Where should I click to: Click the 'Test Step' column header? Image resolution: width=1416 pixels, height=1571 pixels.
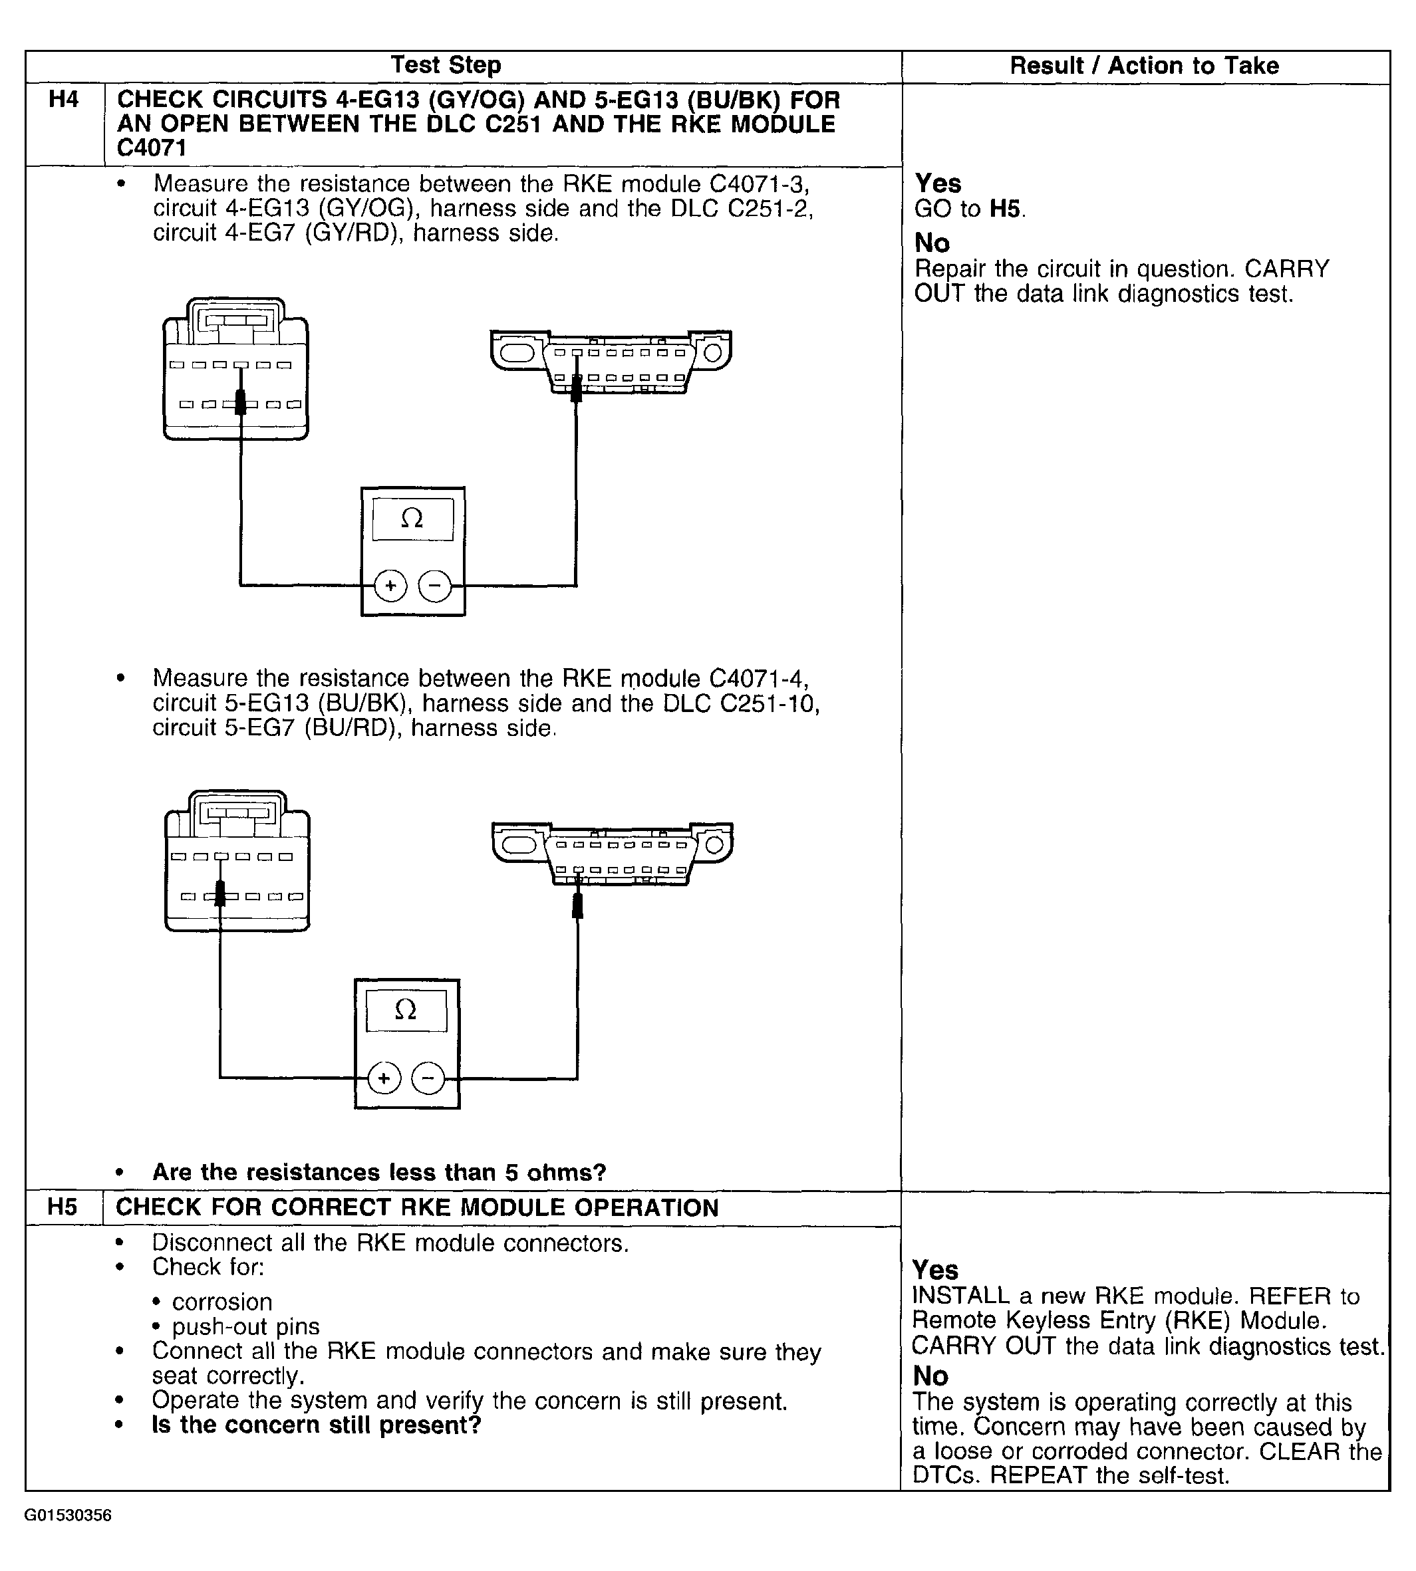point(446,65)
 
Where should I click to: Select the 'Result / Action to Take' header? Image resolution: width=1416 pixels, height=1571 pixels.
point(1144,66)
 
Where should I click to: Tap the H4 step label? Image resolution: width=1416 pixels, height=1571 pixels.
point(64,100)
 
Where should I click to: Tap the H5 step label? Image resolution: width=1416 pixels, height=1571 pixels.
point(63,1207)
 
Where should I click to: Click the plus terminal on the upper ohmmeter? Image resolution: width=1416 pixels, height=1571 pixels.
point(390,586)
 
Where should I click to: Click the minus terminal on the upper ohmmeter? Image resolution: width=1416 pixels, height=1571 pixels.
point(434,586)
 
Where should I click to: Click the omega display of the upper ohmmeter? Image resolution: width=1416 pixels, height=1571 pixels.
point(412,519)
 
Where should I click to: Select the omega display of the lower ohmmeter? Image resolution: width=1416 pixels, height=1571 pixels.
point(406,1011)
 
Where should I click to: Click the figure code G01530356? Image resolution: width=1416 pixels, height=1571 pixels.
point(69,1515)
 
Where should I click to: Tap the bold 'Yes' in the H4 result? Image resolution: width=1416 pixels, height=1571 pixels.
point(938,183)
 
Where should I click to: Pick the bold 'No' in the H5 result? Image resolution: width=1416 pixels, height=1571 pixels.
point(930,1376)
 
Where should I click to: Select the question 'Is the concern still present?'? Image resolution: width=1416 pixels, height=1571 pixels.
point(317,1425)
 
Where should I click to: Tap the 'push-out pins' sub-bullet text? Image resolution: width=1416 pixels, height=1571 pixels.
point(246,1326)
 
